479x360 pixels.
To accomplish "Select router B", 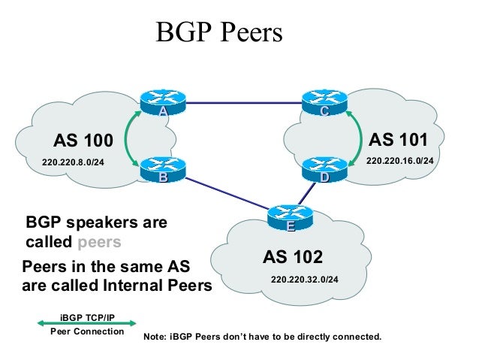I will coord(162,170).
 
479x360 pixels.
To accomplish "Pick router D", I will coord(324,170).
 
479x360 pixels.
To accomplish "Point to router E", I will coord(289,216).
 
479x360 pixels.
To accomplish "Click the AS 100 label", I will coord(83,141).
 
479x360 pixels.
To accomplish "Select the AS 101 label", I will coord(399,140).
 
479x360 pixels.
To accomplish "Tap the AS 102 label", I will coord(293,258).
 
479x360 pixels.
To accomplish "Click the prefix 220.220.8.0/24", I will coord(73,162).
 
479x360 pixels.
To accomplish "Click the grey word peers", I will coord(99,243).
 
